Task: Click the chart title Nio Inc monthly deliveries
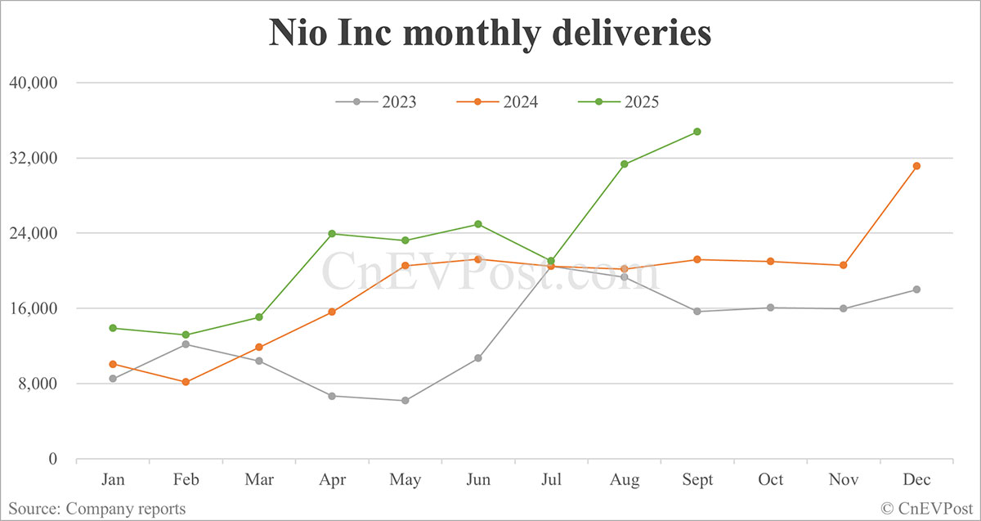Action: click(490, 34)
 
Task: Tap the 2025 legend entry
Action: click(619, 102)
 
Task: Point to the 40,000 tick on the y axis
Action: click(33, 83)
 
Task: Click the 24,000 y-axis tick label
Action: click(33, 233)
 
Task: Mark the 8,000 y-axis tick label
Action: click(37, 384)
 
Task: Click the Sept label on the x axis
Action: click(697, 480)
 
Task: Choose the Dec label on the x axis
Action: click(916, 480)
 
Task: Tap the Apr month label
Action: click(332, 480)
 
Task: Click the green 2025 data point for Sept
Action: click(697, 132)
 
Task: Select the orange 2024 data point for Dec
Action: click(917, 166)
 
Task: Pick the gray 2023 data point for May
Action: click(405, 401)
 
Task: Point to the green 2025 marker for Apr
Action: click(332, 234)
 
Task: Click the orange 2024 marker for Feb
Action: click(186, 382)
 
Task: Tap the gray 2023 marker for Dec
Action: click(917, 290)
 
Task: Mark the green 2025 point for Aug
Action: click(625, 164)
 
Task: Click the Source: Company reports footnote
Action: click(97, 509)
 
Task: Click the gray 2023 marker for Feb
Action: click(186, 344)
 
